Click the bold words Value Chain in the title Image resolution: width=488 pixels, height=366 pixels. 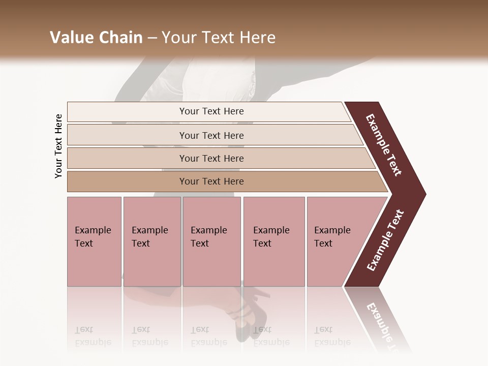click(x=96, y=38)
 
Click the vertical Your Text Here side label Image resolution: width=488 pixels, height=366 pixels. click(x=58, y=146)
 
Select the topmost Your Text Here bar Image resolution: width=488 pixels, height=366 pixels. click(x=211, y=111)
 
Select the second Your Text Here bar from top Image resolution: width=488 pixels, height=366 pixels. click(x=211, y=135)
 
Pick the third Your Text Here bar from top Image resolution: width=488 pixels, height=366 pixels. click(x=211, y=158)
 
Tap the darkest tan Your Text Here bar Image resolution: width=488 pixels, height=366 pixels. click(x=211, y=181)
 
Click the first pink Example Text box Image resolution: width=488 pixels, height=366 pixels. click(x=94, y=241)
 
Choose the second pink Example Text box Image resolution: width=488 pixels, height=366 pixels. click(x=151, y=241)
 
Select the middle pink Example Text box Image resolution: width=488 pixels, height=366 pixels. click(x=211, y=241)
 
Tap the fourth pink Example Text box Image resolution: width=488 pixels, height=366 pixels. click(x=274, y=241)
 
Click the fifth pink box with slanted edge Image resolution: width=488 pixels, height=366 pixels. click(x=335, y=241)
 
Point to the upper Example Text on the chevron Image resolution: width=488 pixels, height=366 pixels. click(x=384, y=145)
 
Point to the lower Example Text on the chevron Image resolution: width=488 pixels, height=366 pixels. click(x=385, y=240)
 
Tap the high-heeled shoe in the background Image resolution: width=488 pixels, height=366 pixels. click(x=254, y=313)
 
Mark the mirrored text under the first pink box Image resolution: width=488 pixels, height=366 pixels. click(x=93, y=336)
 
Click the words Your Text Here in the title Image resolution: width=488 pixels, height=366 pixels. click(x=219, y=38)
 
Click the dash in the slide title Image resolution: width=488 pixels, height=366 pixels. click(x=152, y=38)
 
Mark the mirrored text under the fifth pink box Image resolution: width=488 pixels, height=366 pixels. click(x=332, y=336)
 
